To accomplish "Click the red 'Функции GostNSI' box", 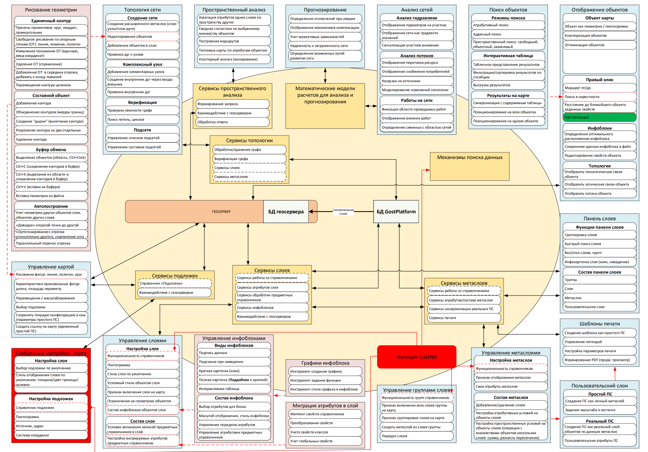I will click(x=416, y=357).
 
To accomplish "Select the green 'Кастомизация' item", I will click(x=599, y=117).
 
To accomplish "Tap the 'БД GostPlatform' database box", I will click(x=396, y=212).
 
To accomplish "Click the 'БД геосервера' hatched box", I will click(x=286, y=212).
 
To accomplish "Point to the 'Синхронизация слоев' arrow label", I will click(x=343, y=212).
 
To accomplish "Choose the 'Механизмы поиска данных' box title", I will click(x=470, y=157).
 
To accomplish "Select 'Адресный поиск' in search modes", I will click(x=508, y=34).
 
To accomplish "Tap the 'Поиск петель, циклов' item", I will click(x=142, y=119).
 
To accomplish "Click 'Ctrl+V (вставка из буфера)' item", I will click(x=51, y=187).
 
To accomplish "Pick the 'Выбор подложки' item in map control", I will click(x=51, y=307).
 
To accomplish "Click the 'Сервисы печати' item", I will click(x=464, y=318).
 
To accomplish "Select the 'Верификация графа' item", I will click(x=249, y=159).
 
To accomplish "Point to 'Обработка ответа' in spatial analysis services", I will click(x=232, y=122).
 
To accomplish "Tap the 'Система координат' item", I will click(x=51, y=435).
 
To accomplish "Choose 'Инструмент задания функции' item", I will click(x=325, y=380).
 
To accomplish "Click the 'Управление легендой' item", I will click(x=599, y=342).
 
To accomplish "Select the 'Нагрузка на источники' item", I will click(x=416, y=81).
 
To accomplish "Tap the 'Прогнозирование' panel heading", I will click(x=325, y=10).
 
